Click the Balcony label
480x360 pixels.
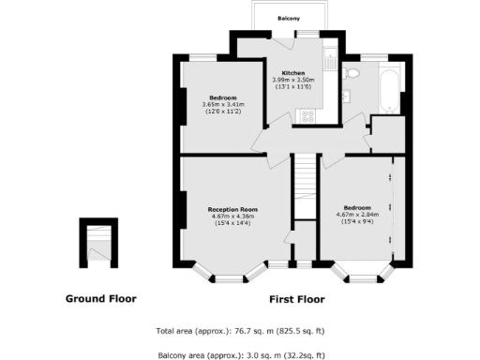pyautogui.click(x=289, y=19)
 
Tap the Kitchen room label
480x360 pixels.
pyautogui.click(x=291, y=72)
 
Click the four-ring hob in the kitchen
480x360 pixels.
pyautogui.click(x=307, y=115)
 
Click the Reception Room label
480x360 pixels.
pyautogui.click(x=233, y=209)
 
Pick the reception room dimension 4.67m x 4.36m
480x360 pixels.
pyautogui.click(x=233, y=217)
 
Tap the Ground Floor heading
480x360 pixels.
pyautogui.click(x=100, y=299)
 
